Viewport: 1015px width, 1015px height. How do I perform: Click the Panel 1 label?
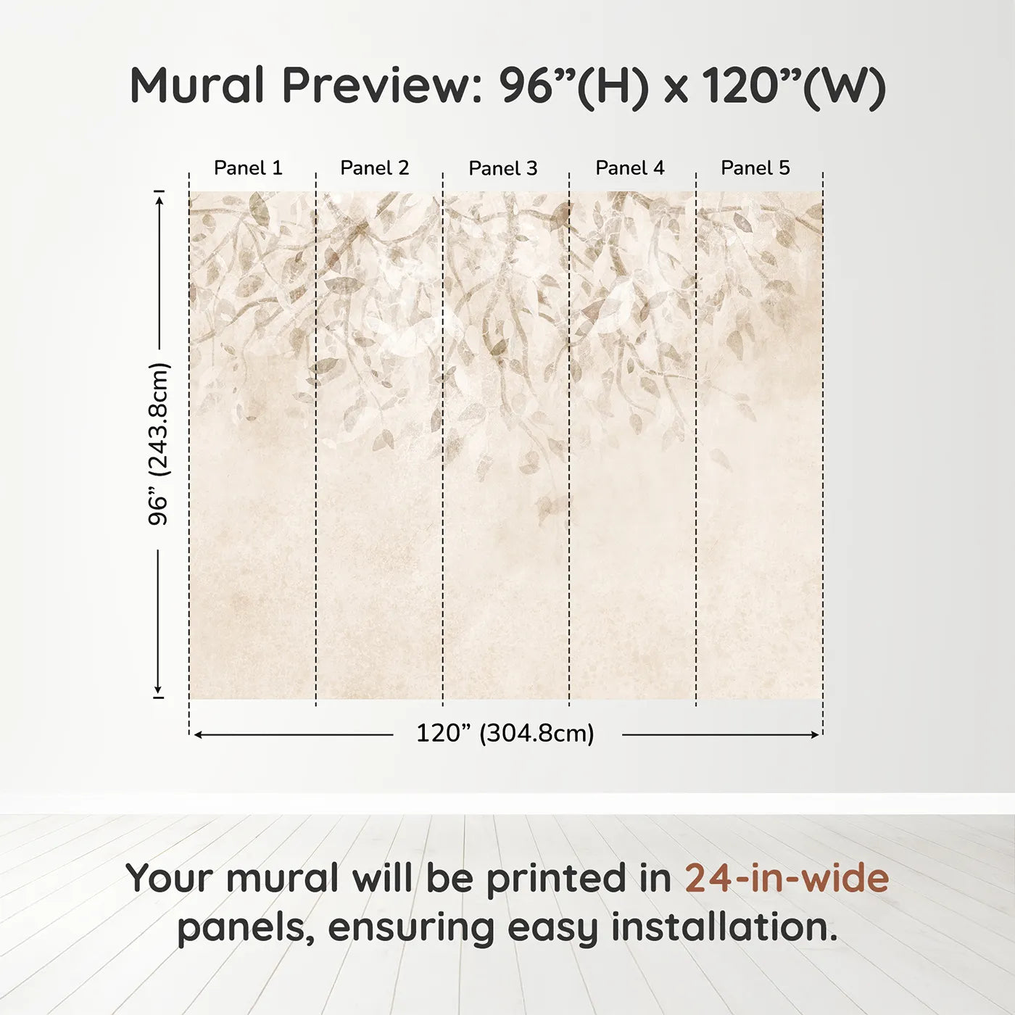click(248, 168)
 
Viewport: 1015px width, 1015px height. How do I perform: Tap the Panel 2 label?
click(375, 168)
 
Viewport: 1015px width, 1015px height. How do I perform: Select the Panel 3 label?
click(503, 168)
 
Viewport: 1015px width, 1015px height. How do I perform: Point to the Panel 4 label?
click(630, 168)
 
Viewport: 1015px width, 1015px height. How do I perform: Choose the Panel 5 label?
click(755, 168)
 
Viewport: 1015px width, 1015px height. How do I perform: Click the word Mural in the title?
click(197, 86)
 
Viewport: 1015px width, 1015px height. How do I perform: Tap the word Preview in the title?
click(382, 86)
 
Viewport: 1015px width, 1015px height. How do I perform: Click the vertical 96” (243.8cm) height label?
click(158, 444)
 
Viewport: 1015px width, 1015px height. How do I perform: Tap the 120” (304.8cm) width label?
click(505, 733)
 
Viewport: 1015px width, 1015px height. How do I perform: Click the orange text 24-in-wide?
click(787, 878)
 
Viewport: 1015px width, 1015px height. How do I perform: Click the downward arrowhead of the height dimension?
click(157, 689)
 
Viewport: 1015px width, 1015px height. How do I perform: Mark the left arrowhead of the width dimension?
click(198, 734)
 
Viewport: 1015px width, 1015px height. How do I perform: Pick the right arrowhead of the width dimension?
click(814, 734)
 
